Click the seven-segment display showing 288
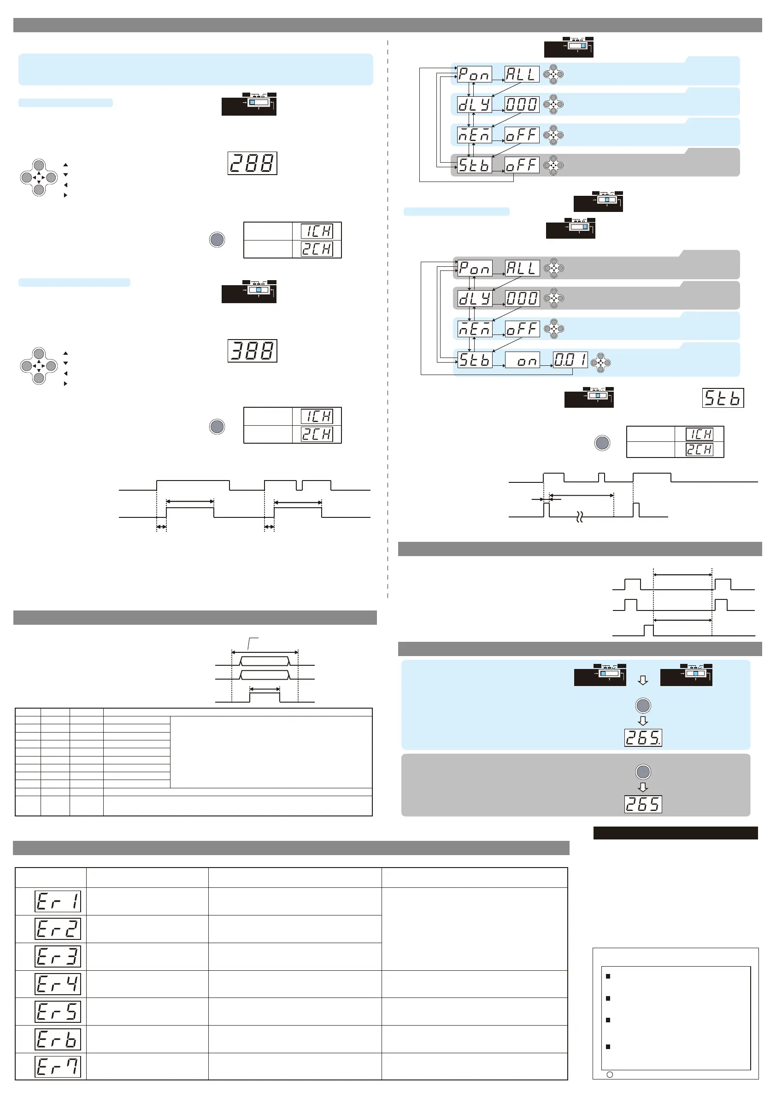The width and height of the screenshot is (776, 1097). point(253,164)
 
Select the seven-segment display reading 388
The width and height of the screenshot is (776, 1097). point(253,351)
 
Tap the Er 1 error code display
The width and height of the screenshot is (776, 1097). point(58,902)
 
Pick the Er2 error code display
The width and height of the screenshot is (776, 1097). point(58,929)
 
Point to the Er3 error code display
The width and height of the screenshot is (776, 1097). point(58,956)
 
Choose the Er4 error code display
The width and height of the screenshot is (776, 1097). point(58,984)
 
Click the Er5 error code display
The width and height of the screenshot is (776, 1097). point(58,1011)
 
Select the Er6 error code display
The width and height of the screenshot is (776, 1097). point(58,1039)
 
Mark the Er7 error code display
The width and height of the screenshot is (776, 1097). point(58,1067)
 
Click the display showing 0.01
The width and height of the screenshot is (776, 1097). point(570,360)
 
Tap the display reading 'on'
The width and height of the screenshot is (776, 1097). point(522,360)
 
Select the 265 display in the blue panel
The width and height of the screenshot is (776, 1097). point(643,738)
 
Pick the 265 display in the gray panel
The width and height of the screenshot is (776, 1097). point(643,804)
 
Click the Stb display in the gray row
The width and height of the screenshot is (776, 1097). point(475,165)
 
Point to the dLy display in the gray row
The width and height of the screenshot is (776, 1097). point(475,298)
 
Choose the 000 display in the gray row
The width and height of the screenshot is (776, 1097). point(522,298)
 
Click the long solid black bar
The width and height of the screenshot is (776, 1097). point(675,833)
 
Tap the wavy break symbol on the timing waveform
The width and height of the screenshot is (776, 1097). point(580,517)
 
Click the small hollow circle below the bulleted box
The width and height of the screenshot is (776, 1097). point(610,1074)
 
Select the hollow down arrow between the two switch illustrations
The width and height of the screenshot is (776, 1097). point(643,680)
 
